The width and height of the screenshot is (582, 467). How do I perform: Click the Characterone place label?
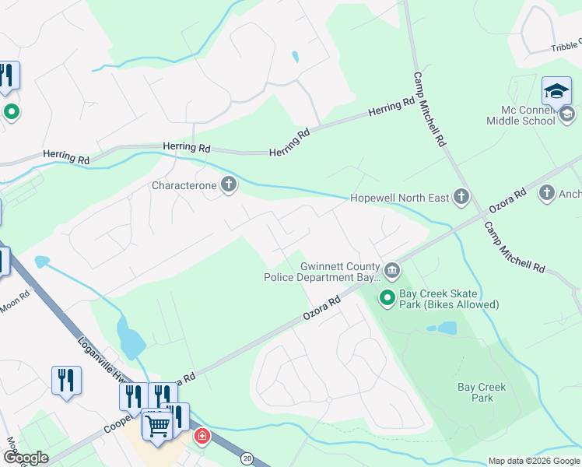184,185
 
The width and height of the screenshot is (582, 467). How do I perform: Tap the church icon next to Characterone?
229,185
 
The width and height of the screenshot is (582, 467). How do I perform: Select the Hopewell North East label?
400,198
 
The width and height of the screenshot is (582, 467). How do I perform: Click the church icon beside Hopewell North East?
461,197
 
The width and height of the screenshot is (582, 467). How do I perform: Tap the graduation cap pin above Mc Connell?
556,92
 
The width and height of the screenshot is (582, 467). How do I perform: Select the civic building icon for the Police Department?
391,270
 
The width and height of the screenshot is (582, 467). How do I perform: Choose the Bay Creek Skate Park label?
448,299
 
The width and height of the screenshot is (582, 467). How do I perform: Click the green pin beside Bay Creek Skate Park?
387,297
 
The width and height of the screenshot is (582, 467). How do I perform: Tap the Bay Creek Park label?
482,392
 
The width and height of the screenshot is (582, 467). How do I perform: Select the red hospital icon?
202,436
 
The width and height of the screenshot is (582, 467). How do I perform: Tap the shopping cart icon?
157,427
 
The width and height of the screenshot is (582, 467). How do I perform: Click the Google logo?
26,457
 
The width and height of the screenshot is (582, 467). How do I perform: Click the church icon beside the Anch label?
547,192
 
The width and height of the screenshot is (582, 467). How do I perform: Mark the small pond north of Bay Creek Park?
447,328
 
